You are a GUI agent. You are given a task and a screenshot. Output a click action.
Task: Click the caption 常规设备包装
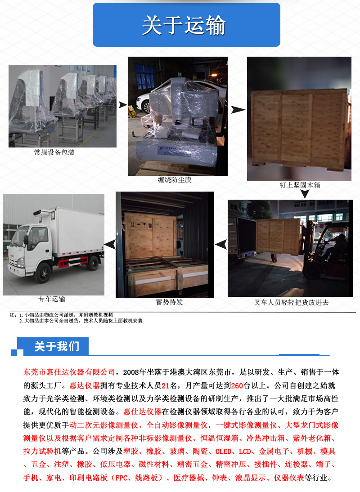54,152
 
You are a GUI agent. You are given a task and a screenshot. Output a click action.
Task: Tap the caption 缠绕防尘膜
175,180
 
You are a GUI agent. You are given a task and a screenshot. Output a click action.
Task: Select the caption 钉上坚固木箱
299,185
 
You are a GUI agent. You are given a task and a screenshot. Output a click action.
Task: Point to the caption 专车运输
52,299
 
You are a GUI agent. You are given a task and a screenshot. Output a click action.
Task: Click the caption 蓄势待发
170,302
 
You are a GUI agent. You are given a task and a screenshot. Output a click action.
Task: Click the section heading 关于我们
57,347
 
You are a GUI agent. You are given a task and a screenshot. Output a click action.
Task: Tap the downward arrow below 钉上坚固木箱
305,194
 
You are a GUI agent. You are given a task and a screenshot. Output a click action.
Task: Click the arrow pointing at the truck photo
110,245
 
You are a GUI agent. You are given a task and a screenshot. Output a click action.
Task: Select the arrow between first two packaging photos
122,105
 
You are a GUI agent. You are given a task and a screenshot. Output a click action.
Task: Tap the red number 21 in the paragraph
165,385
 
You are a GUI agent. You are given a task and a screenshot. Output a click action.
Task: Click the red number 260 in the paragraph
237,385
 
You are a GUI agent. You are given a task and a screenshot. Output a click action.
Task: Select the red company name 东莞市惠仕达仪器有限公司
69,372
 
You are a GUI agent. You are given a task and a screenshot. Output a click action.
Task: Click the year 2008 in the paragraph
130,372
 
